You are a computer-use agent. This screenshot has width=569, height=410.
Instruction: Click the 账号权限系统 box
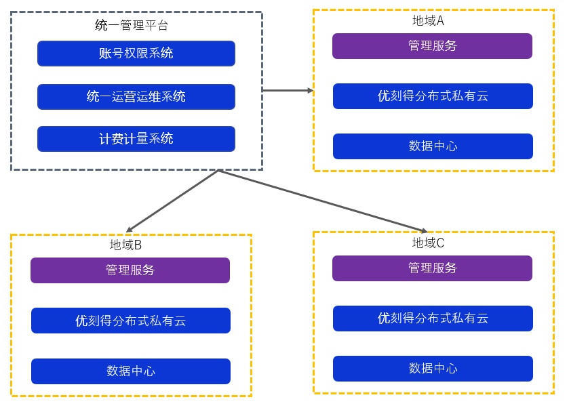[136, 54]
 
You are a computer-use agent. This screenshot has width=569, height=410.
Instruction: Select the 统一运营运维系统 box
[136, 97]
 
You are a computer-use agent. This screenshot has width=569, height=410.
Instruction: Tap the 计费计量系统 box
[136, 139]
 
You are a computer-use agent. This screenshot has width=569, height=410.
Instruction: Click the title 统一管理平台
[132, 26]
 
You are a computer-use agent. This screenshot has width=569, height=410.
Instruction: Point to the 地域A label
[428, 21]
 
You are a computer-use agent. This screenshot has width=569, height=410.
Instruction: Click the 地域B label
[125, 245]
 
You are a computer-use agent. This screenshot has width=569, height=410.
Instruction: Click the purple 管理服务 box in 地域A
[432, 46]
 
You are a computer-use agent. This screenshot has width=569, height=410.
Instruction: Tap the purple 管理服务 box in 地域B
[130, 270]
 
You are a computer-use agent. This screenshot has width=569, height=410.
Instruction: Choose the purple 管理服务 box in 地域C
[432, 268]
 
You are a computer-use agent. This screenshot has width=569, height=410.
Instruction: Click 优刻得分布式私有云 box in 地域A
[433, 96]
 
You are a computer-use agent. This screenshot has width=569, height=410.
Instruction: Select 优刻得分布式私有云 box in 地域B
[131, 321]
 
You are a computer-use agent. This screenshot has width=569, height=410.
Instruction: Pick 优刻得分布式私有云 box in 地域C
[433, 319]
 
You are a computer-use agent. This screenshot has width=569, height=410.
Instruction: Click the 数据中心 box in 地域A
[433, 146]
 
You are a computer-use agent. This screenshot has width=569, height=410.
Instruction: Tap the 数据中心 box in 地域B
[131, 371]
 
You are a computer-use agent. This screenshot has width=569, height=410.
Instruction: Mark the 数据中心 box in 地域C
[433, 369]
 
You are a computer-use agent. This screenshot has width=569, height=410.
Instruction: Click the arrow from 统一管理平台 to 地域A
[285, 90]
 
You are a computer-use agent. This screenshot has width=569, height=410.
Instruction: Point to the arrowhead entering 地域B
[130, 230]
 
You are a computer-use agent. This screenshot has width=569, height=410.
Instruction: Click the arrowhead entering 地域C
[424, 231]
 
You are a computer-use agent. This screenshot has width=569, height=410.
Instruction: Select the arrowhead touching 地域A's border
[310, 90]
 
